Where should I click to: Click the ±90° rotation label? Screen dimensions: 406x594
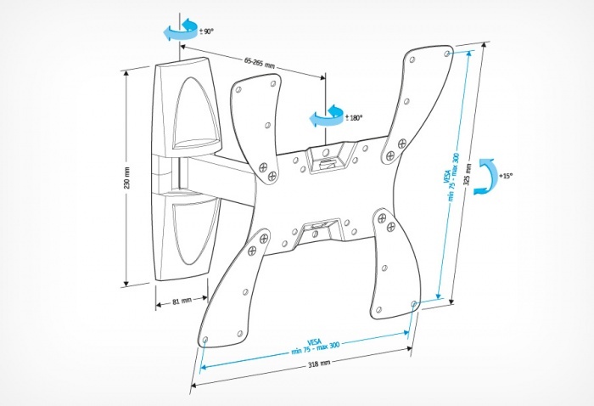(206, 31)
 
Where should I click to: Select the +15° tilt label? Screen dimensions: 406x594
(507, 175)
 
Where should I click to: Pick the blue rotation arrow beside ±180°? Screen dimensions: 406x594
(323, 116)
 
